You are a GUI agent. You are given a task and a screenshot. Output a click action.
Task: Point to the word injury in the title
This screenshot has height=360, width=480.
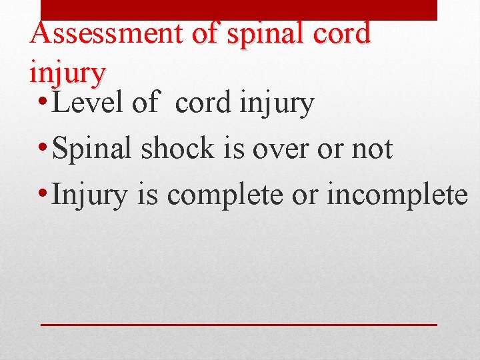pos(67,72)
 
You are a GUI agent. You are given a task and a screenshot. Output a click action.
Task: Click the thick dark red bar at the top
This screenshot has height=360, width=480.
pos(239,9)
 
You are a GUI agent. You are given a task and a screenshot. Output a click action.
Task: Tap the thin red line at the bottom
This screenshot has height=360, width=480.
pos(239,324)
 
